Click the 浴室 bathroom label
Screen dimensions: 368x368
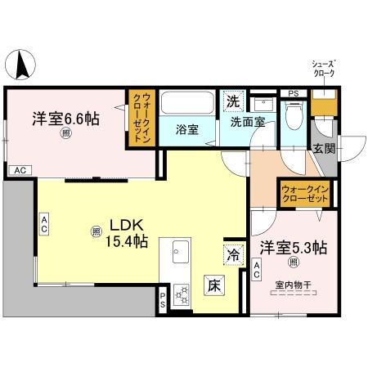[188, 129]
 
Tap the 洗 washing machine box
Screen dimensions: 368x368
[233, 103]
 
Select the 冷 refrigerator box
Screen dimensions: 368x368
[233, 254]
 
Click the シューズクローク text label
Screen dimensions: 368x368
[325, 68]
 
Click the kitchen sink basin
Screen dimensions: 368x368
[179, 254]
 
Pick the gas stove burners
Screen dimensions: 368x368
[181, 294]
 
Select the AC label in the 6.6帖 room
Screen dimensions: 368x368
[20, 170]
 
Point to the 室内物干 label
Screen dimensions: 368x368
[291, 285]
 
